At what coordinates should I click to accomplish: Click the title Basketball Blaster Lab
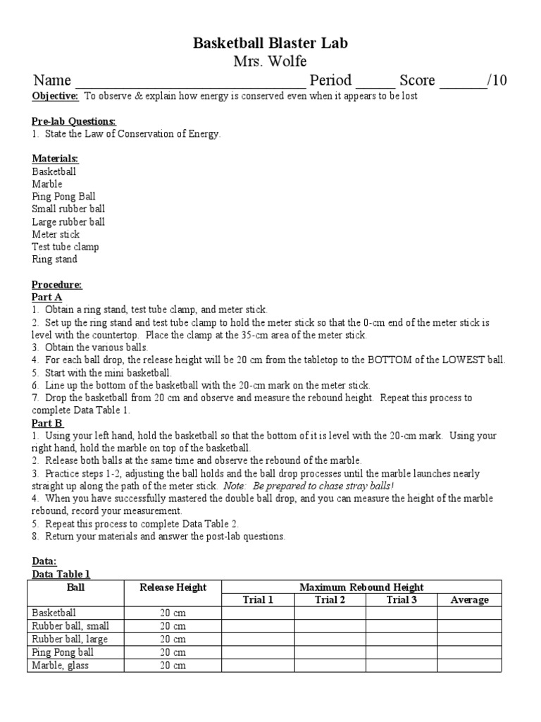coord(270,44)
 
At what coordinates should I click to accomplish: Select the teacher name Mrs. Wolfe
coord(270,61)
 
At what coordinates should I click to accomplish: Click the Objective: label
coord(55,96)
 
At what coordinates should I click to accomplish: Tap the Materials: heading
coord(55,159)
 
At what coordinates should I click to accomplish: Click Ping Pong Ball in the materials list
coord(63,197)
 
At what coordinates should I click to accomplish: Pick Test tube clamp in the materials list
coord(66,247)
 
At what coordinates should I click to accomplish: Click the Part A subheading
coord(47,298)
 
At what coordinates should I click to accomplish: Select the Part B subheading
coord(47,423)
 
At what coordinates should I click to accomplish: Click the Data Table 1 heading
coord(61,575)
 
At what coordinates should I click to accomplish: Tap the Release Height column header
coord(173,587)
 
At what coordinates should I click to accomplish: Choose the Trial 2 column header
coord(330,600)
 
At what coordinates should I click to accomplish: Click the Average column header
coord(469,600)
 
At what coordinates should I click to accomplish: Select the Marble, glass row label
coord(61,665)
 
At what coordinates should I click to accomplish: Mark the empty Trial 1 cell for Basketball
coord(258,613)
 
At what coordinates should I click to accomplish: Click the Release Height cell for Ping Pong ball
coord(173,652)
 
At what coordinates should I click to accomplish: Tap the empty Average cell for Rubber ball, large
coord(469,639)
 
